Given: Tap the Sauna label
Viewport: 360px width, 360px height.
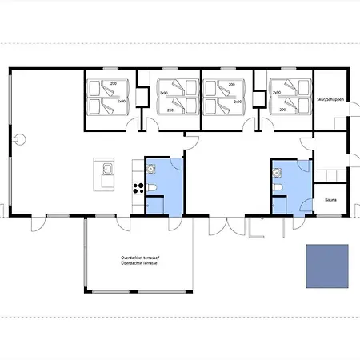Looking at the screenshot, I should tap(330, 200).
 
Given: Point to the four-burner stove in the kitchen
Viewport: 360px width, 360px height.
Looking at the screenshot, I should tap(137, 189).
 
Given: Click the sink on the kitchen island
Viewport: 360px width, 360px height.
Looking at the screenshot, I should tap(106, 169).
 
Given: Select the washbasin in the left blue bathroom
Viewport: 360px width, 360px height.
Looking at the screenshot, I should tap(150, 168).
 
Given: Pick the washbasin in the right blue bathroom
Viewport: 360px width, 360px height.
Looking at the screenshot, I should tap(276, 168).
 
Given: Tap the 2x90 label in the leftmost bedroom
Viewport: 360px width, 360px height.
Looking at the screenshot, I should tap(122, 102).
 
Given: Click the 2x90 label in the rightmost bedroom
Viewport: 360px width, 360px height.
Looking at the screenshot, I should tap(277, 93).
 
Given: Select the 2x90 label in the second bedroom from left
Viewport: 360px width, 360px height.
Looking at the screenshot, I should tap(164, 93).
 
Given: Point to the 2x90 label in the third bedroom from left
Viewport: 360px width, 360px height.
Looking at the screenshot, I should tap(238, 102).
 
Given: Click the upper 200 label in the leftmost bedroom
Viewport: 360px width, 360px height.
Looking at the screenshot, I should tap(113, 83).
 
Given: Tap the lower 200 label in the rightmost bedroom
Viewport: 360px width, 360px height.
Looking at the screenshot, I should tap(282, 111).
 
